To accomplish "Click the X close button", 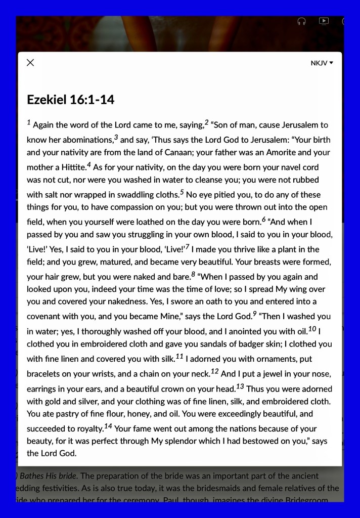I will click(x=30, y=63).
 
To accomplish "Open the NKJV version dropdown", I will click(x=322, y=63).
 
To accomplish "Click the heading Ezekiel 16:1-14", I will click(x=70, y=100).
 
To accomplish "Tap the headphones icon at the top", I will click(x=301, y=21).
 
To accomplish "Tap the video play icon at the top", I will click(x=324, y=21).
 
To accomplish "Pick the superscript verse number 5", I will click(x=182, y=192).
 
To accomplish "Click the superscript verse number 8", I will click(x=193, y=274).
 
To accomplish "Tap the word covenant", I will click(x=45, y=317).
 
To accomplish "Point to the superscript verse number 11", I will click(x=179, y=356).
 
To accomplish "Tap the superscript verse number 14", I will click(x=108, y=425).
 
